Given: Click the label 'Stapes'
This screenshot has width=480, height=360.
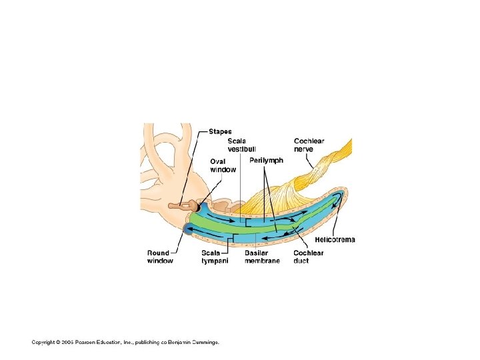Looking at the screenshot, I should [x=220, y=131].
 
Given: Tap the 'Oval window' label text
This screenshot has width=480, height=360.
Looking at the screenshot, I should [x=223, y=165].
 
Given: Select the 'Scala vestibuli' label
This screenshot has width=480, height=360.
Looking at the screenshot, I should [x=241, y=145].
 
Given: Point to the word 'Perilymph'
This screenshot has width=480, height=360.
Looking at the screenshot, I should [x=267, y=161].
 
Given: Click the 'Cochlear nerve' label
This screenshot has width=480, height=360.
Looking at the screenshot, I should [x=309, y=145].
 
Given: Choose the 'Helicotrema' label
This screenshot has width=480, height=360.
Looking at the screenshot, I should [x=335, y=239].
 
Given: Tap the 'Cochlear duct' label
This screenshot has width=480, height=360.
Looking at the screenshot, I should [x=309, y=257].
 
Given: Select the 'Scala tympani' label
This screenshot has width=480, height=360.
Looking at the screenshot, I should [x=215, y=257].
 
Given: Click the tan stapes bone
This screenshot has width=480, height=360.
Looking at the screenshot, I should [x=178, y=206].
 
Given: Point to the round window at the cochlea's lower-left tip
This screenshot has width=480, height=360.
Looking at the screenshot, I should [x=184, y=229].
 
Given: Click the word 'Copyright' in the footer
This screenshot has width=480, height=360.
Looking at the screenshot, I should [x=44, y=342].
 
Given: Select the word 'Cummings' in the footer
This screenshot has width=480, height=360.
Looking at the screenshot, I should [x=204, y=342].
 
